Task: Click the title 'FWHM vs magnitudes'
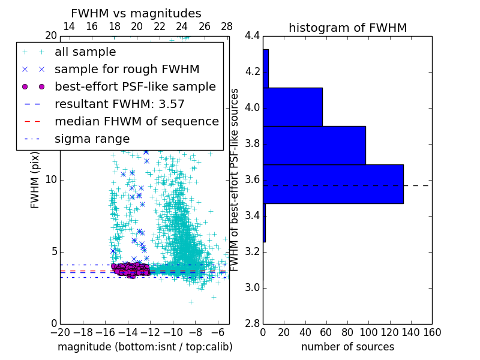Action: click(x=136, y=13)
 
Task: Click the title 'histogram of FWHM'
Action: click(x=347, y=28)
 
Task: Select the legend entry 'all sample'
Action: click(x=85, y=52)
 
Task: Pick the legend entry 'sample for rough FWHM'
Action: click(x=127, y=70)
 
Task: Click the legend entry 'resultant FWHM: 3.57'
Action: click(x=119, y=104)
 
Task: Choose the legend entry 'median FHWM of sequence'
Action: click(x=136, y=121)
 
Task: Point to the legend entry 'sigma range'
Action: click(x=92, y=139)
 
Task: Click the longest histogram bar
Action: click(x=333, y=184)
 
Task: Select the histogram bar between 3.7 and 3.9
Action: click(x=314, y=145)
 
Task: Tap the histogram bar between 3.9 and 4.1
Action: click(x=292, y=107)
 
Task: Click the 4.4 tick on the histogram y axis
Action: click(x=253, y=36)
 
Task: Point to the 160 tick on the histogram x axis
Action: click(x=432, y=332)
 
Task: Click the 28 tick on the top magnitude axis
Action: click(x=227, y=27)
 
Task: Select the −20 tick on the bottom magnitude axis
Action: click(x=60, y=332)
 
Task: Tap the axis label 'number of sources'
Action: click(x=347, y=347)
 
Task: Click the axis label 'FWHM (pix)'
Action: click(x=35, y=180)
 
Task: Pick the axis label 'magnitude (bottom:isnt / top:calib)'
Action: click(x=145, y=347)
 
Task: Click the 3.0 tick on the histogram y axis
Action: click(x=253, y=287)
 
